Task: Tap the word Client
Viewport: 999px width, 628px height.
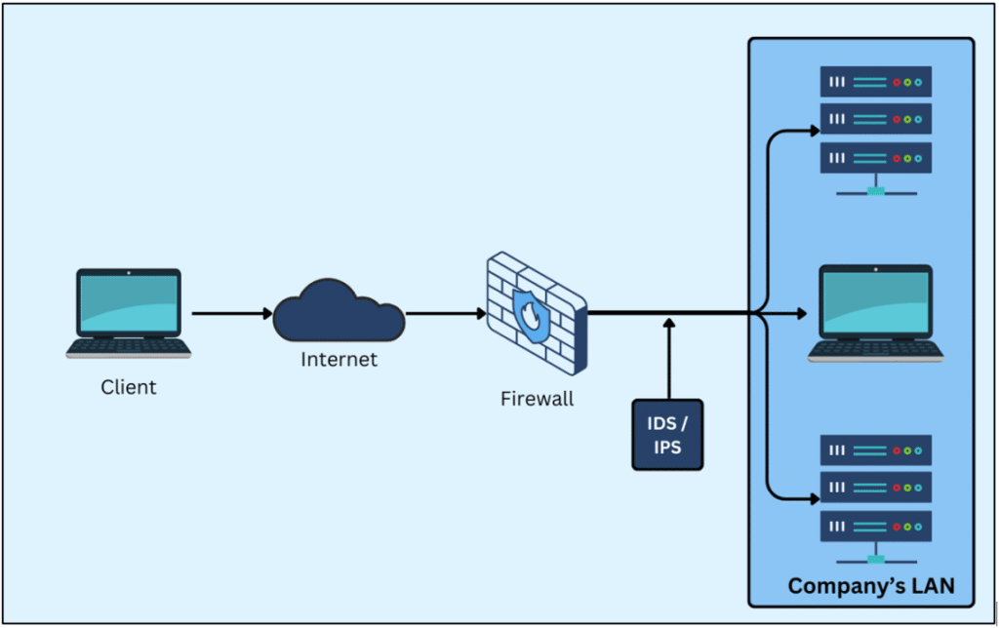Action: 129,387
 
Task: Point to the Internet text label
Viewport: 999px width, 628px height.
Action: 339,360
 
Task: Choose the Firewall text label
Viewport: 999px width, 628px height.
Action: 538,398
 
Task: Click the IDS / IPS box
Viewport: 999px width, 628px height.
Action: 667,434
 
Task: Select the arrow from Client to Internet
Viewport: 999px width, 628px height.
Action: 232,314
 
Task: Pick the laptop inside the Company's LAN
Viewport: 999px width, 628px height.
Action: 875,313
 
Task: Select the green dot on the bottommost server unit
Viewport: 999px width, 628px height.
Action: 907,527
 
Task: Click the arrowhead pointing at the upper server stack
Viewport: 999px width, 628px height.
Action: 814,129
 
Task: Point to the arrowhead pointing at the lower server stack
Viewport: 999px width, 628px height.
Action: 814,499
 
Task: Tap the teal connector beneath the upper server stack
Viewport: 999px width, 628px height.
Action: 876,190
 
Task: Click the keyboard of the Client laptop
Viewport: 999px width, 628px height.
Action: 129,347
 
